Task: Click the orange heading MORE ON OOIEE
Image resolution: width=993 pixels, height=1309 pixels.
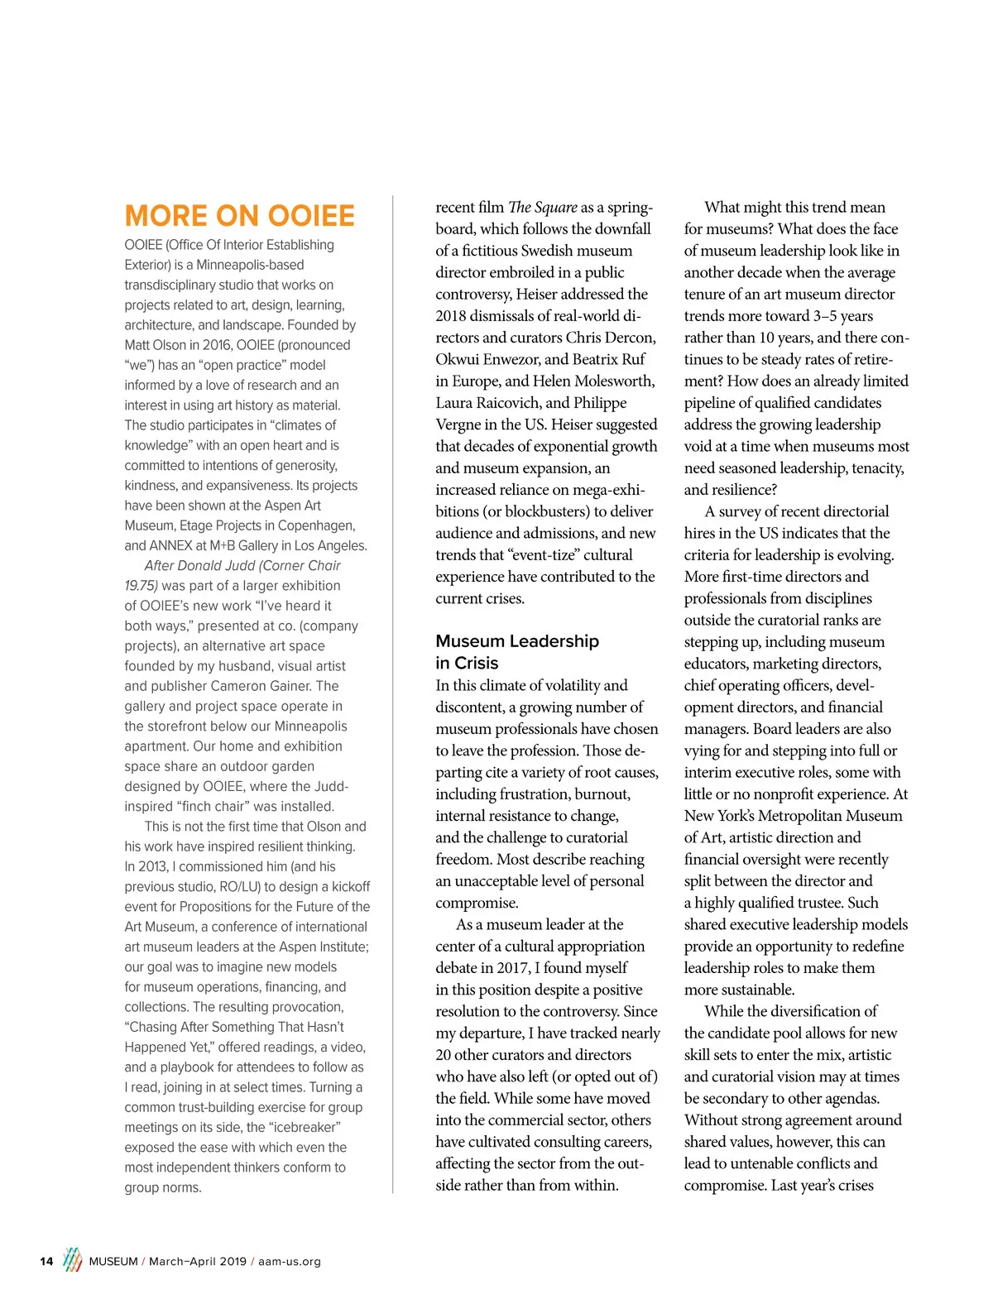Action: tap(239, 216)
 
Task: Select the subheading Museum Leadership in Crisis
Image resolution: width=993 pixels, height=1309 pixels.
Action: tap(517, 651)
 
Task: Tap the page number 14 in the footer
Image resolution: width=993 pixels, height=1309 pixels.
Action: tap(46, 1261)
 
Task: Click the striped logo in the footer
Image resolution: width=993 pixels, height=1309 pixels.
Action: tap(73, 1259)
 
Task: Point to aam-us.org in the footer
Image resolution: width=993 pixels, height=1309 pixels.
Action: tap(290, 1261)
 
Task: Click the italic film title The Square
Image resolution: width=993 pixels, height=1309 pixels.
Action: tap(543, 207)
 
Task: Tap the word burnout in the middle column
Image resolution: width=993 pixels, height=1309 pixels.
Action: tap(603, 794)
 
